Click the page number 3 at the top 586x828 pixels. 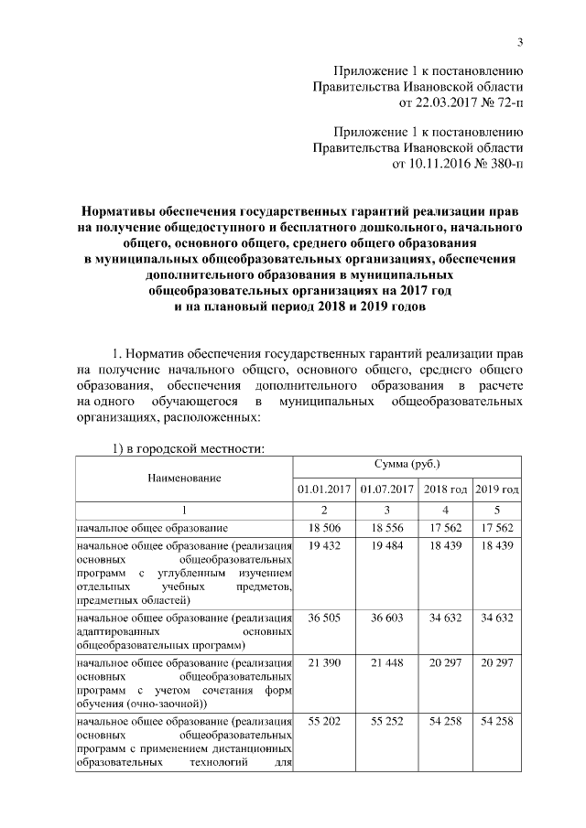(520, 41)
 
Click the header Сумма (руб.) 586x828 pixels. (407, 466)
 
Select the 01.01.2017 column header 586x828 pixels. (324, 489)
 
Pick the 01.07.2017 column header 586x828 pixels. (387, 489)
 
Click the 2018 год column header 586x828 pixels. (445, 489)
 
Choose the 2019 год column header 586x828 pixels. (498, 489)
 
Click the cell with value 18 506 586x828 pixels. (324, 528)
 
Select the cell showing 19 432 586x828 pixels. (324, 545)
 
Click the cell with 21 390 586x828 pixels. (324, 661)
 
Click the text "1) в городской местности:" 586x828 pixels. (188, 448)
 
